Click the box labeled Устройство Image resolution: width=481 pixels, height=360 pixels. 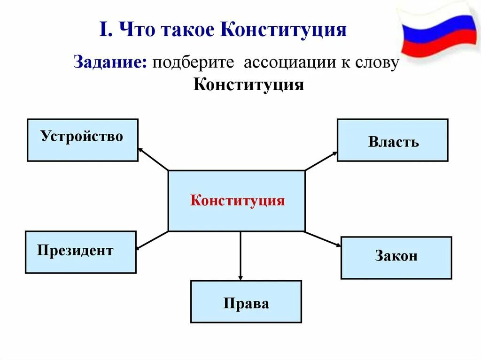pos(82,140)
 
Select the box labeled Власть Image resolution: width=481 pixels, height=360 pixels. pos(392,140)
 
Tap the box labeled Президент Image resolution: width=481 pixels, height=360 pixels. pos(80,252)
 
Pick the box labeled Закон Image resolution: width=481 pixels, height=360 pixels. pos(396,258)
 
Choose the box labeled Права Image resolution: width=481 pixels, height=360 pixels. pos(246,301)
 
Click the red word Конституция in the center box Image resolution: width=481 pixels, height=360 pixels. pos(237,200)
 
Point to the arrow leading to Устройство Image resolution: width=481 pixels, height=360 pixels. pos(152,159)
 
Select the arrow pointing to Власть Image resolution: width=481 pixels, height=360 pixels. pos(321,161)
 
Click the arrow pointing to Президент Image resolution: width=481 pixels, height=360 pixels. pos(151,240)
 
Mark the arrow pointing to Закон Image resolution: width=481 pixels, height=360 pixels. pos(324,238)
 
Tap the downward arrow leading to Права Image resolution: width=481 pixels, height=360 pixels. pos(240,256)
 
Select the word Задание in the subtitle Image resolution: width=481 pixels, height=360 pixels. pos(109,62)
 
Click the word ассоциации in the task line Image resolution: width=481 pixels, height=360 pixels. pos(286,62)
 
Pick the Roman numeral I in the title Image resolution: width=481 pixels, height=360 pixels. pos(103,30)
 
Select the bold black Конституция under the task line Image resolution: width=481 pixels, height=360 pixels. pos(248,85)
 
